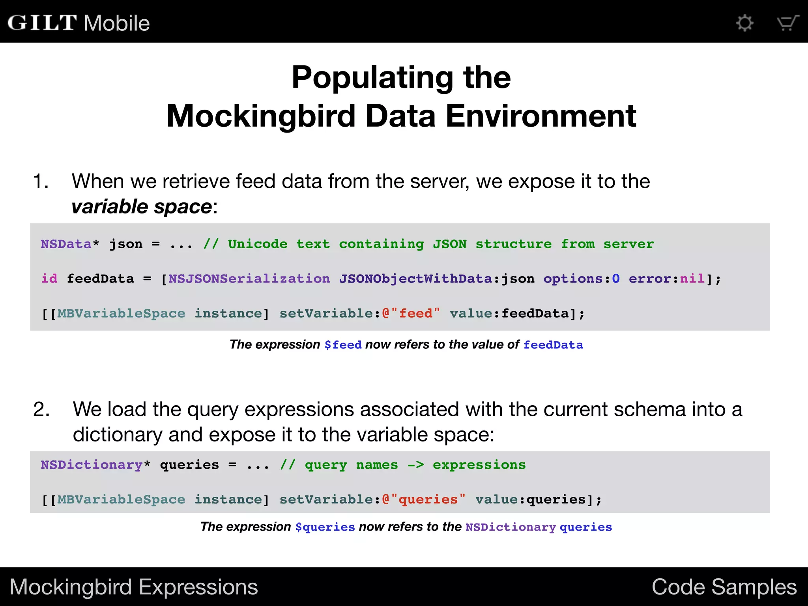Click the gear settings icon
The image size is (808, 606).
click(x=745, y=23)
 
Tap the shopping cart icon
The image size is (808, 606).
click(x=787, y=23)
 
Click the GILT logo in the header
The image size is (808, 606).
click(x=42, y=23)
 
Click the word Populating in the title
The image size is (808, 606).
click(x=372, y=77)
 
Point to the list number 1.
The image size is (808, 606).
click(x=40, y=181)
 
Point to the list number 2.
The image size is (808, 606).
click(x=41, y=410)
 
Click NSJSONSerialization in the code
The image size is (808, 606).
click(x=249, y=279)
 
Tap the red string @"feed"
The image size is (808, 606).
click(x=411, y=313)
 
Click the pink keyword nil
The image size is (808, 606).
click(x=692, y=279)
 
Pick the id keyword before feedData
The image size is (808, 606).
click(x=49, y=279)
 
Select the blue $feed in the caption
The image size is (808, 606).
click(x=343, y=345)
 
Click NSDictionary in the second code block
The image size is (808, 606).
click(x=92, y=465)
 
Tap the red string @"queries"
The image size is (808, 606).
click(x=424, y=499)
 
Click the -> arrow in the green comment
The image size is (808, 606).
click(x=415, y=465)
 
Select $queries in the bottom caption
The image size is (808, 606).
click(x=325, y=527)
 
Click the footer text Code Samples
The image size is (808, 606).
click(x=724, y=587)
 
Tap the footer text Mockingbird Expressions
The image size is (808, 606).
click(x=134, y=587)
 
